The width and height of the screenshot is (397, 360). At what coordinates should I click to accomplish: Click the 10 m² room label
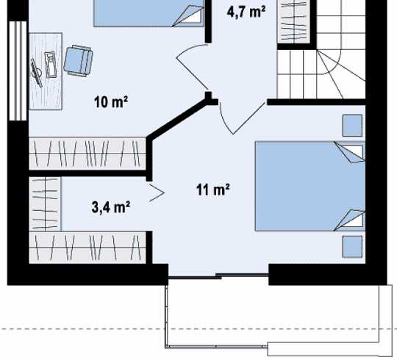[x=111, y=101]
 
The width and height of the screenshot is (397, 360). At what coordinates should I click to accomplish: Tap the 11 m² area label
[x=213, y=190]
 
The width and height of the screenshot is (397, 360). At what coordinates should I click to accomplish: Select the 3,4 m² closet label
[x=110, y=207]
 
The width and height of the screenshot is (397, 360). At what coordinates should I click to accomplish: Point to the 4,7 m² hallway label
[x=246, y=12]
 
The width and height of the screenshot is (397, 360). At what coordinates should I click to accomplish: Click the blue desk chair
[x=78, y=61]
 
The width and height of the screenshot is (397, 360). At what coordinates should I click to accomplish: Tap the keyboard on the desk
[x=51, y=65]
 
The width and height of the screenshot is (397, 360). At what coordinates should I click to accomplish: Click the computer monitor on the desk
[x=37, y=73]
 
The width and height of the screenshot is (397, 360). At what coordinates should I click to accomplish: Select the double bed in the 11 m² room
[x=310, y=186]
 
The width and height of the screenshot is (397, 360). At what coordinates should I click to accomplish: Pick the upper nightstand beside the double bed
[x=352, y=126]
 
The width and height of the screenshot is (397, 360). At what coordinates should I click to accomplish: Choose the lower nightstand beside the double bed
[x=352, y=247]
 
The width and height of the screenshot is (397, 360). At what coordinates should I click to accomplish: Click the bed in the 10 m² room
[x=149, y=13]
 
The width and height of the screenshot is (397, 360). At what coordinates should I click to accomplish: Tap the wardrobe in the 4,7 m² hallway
[x=294, y=21]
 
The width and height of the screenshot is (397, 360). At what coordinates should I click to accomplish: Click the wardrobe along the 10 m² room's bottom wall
[x=87, y=154]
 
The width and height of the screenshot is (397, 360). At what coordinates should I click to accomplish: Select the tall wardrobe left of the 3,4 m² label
[x=45, y=204]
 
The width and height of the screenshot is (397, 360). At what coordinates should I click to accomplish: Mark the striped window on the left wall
[x=18, y=71]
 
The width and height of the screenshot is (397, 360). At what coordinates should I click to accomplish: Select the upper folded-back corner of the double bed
[x=350, y=152]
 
